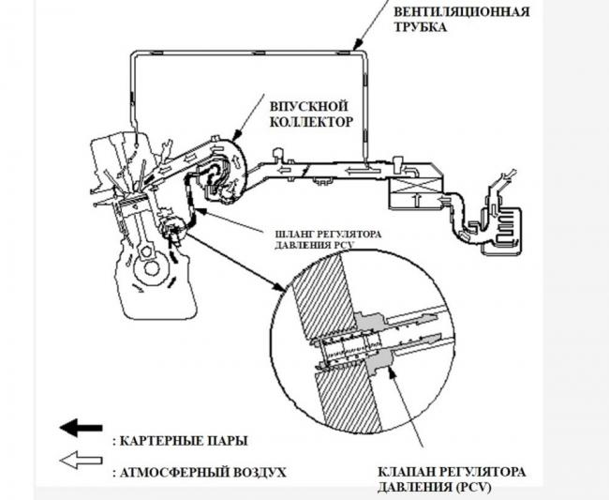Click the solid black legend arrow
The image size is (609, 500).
80,428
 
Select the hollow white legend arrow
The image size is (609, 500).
80,461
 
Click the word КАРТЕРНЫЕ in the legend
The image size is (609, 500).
163,438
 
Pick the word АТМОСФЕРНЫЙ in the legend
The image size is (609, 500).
173,471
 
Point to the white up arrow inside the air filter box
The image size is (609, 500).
419,200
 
